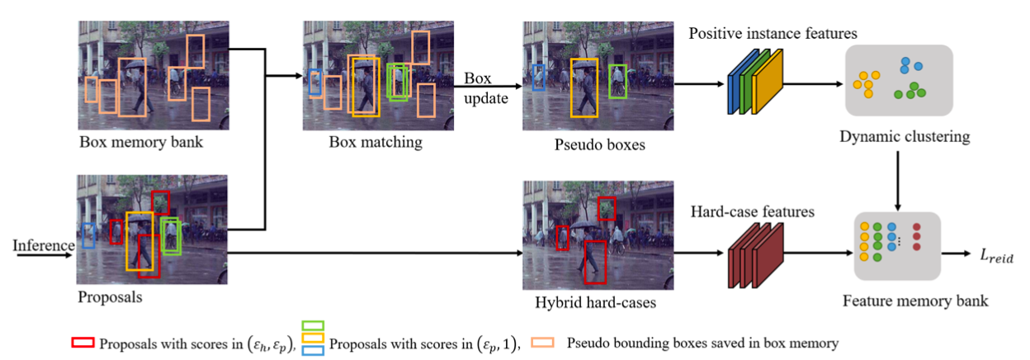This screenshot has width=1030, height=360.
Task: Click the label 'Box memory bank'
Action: pyautogui.click(x=141, y=142)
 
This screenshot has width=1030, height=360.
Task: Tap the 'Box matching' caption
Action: pyautogui.click(x=375, y=142)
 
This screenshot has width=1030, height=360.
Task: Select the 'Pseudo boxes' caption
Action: pyautogui.click(x=589, y=144)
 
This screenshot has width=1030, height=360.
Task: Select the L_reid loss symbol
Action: pyautogui.click(x=996, y=258)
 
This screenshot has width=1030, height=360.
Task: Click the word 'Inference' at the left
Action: pyautogui.click(x=44, y=245)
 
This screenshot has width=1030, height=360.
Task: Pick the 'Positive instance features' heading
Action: pyautogui.click(x=773, y=34)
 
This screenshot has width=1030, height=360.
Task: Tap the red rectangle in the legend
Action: pyautogui.click(x=84, y=343)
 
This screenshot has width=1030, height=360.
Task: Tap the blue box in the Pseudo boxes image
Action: pyautogui.click(x=539, y=77)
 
